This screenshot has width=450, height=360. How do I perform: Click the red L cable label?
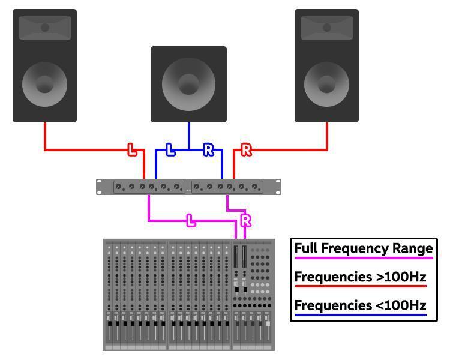[132, 150]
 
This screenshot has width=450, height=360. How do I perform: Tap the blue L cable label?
[170, 150]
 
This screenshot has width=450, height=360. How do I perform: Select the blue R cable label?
[208, 150]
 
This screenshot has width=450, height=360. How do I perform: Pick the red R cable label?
[246, 150]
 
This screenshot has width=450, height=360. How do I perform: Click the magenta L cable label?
[191, 221]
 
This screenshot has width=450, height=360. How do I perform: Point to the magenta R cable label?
[245, 221]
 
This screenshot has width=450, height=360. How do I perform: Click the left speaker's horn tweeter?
[45, 28]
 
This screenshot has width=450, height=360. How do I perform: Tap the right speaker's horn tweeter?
[327, 28]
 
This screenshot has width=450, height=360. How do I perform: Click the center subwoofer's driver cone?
[188, 83]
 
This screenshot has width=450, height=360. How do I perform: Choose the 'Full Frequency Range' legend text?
[364, 248]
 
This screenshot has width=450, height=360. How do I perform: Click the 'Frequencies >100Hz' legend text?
[360, 277]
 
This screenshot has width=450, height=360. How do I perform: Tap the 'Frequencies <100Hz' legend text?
[360, 305]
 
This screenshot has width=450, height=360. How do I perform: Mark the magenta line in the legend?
[364, 258]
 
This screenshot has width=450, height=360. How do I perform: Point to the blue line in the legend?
[360, 315]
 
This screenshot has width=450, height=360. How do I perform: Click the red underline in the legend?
[360, 287]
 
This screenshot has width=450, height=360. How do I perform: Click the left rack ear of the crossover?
[100, 187]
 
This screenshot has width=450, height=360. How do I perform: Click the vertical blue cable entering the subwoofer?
[189, 135]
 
